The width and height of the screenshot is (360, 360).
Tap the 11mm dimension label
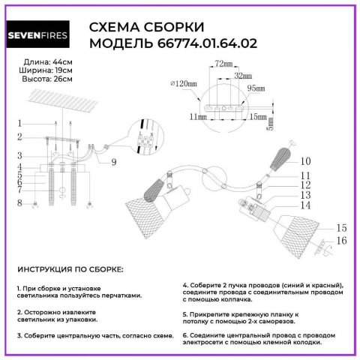pos(198,118)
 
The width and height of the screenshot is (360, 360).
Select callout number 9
pos(114,161)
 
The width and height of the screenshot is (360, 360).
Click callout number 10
pos(305,160)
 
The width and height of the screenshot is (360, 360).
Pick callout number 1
pos(22,123)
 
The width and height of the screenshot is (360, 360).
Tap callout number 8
pos(22,202)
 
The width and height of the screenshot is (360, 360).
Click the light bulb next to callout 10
pos(282,161)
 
